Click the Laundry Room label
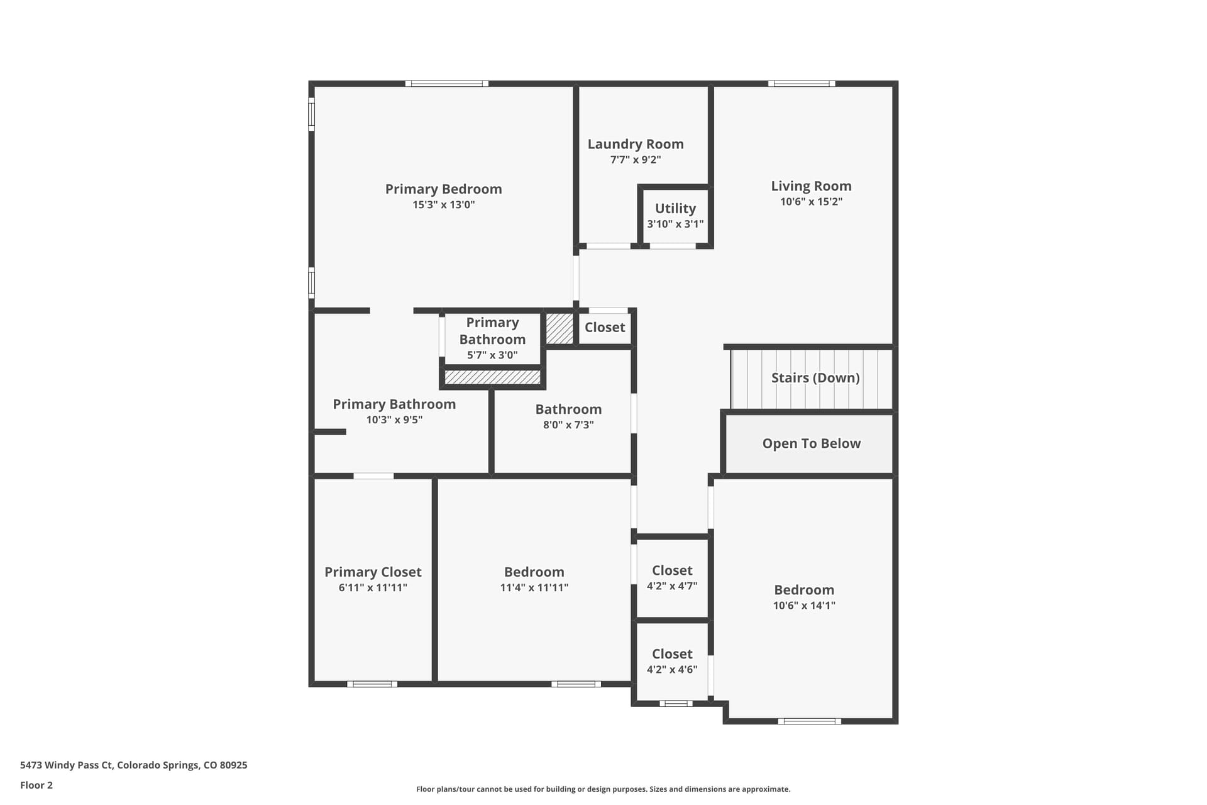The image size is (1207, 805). (x=636, y=144)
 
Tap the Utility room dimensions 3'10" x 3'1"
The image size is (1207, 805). (x=675, y=224)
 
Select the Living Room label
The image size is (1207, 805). (x=811, y=186)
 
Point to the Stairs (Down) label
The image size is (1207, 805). (x=815, y=377)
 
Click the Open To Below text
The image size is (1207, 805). (x=812, y=443)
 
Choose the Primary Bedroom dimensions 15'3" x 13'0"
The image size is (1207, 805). (x=443, y=204)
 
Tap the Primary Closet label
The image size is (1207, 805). (x=373, y=572)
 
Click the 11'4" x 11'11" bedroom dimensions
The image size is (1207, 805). (x=534, y=587)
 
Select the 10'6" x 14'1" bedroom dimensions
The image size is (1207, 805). (x=804, y=605)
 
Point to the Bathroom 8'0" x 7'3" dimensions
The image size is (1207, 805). (x=568, y=425)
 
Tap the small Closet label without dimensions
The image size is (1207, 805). (x=605, y=327)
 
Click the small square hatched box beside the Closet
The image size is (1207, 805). (x=559, y=328)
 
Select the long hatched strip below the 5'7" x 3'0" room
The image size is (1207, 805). (x=492, y=377)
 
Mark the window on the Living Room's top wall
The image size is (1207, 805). (x=802, y=84)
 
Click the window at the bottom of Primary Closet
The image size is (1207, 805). (x=372, y=684)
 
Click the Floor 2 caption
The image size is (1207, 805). (x=36, y=785)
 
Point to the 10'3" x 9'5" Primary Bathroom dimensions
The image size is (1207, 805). (x=394, y=419)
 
